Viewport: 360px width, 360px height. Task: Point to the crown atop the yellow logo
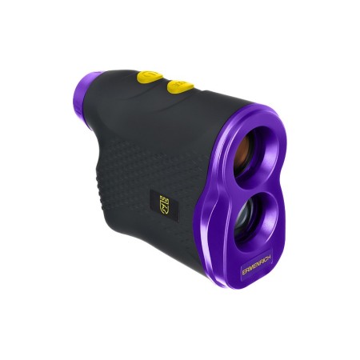click(164, 195)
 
